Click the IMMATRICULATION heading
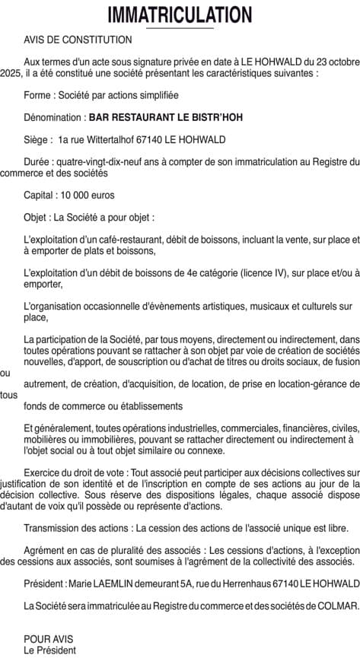click(180, 14)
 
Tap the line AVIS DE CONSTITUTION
click(78, 40)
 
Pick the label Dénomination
click(54, 118)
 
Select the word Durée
click(39, 161)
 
